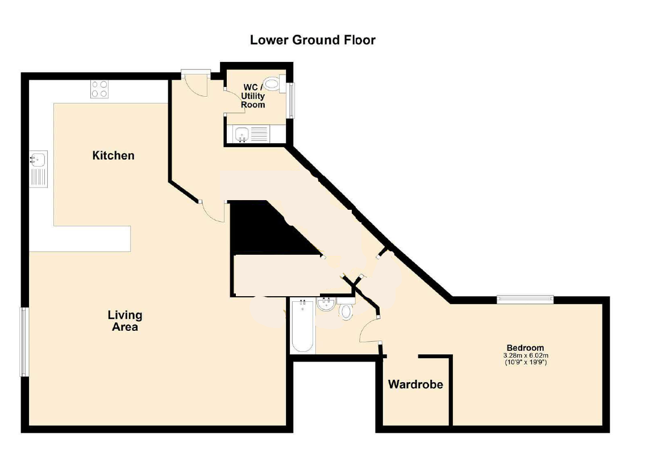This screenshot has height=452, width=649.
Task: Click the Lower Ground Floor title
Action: coord(313,40)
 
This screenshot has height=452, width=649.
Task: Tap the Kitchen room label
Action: coord(114,156)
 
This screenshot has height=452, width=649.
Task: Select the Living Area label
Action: coord(125,321)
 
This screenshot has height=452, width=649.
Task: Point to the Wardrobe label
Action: coord(415,384)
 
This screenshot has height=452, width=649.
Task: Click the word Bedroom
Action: coord(526,348)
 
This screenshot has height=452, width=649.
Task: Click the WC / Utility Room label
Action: coord(253,96)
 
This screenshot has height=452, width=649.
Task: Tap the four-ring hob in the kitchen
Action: coord(100,89)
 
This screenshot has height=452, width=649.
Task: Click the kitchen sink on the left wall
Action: coord(39,169)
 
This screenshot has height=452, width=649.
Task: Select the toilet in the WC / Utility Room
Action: coord(274,85)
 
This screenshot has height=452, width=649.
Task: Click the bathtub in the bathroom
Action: coord(302,326)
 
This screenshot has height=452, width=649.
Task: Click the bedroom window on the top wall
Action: coord(526,298)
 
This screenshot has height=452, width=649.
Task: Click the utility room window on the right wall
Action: coord(292,101)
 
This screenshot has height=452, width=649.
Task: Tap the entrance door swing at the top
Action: coord(195,84)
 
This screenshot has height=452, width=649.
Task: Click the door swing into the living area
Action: coord(213,211)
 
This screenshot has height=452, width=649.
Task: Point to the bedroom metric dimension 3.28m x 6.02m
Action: coord(526,355)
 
